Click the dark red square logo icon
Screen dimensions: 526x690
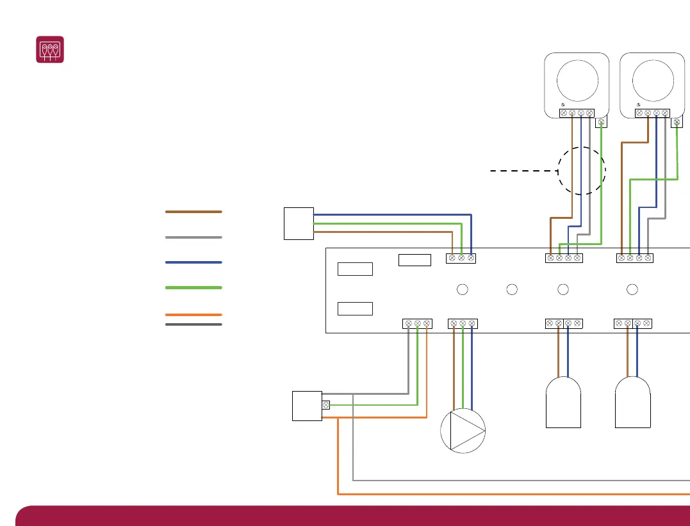(49, 49)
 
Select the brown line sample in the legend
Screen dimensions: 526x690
(193, 211)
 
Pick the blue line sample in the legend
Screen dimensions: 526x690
(193, 262)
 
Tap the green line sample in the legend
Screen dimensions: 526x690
(193, 288)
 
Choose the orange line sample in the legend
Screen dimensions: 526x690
(193, 315)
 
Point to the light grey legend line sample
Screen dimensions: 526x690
(193, 237)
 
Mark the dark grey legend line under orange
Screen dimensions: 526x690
(193, 324)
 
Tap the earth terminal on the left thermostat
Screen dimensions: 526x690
(601, 122)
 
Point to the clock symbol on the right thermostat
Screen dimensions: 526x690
(639, 104)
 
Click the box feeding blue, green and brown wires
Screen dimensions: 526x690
(299, 223)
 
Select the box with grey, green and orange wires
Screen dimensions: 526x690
(307, 406)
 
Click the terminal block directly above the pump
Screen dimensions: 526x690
(463, 324)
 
